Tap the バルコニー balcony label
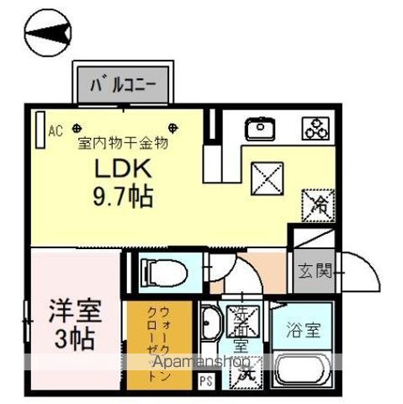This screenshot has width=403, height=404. (129, 84)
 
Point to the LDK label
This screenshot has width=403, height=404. (122, 170)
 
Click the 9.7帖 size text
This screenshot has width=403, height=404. (123, 199)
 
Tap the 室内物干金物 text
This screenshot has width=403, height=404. (124, 143)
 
